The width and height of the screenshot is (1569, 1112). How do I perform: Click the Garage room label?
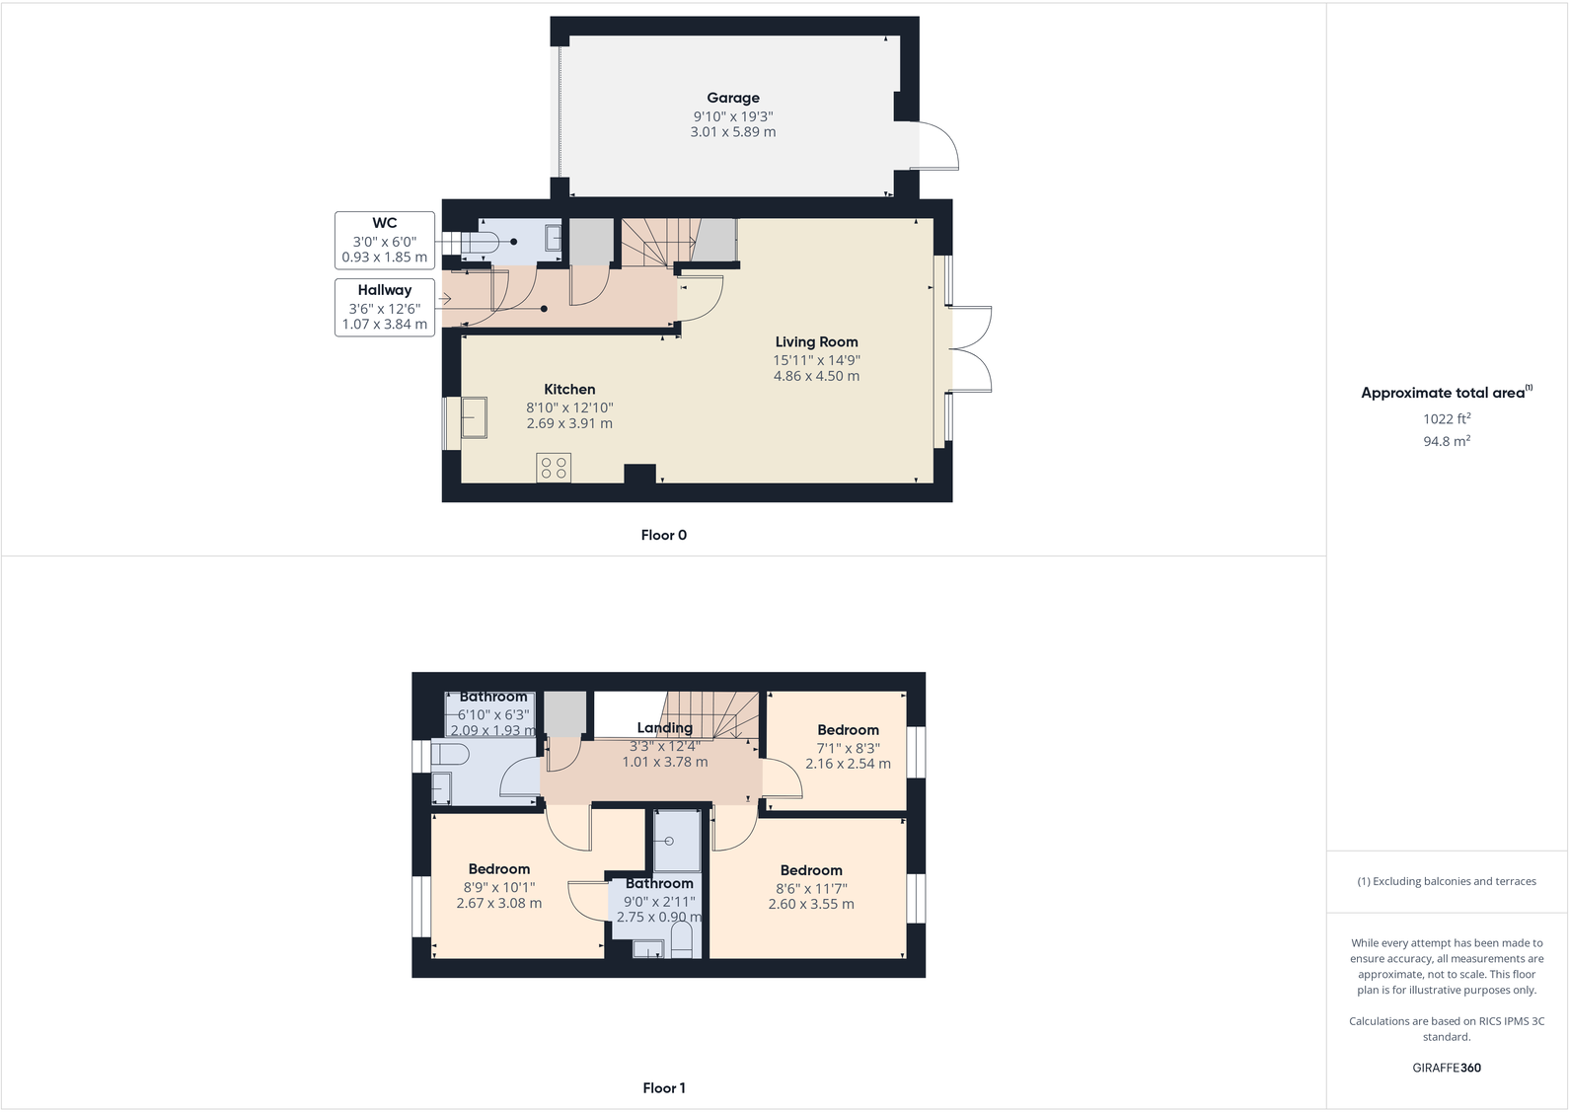click(x=732, y=98)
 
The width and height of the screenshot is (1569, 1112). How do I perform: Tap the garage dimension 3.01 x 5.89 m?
click(x=732, y=132)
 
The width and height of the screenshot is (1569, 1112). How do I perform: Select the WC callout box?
click(x=385, y=240)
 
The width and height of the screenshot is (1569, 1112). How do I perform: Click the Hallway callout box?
click(x=385, y=307)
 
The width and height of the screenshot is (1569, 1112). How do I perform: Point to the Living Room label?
click(x=816, y=342)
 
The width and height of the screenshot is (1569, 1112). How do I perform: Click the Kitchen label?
click(x=569, y=390)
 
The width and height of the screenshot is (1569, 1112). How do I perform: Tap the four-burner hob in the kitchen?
click(x=554, y=468)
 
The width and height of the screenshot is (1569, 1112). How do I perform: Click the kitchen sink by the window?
click(x=474, y=417)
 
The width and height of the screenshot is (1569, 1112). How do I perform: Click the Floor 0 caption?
click(x=663, y=535)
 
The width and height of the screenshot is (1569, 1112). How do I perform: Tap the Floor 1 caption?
click(x=663, y=1088)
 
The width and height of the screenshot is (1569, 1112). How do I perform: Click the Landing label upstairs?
click(x=664, y=728)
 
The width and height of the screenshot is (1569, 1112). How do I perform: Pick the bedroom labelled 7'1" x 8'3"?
click(x=848, y=747)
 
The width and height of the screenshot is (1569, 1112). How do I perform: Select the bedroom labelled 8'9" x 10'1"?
click(x=498, y=886)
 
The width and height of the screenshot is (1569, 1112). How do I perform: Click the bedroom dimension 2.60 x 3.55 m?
click(x=811, y=904)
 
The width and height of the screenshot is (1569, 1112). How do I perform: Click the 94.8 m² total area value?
click(x=1446, y=442)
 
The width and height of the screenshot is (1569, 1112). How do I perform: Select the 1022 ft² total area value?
click(x=1446, y=419)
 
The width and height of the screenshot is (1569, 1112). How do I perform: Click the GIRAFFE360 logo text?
click(x=1446, y=1068)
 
